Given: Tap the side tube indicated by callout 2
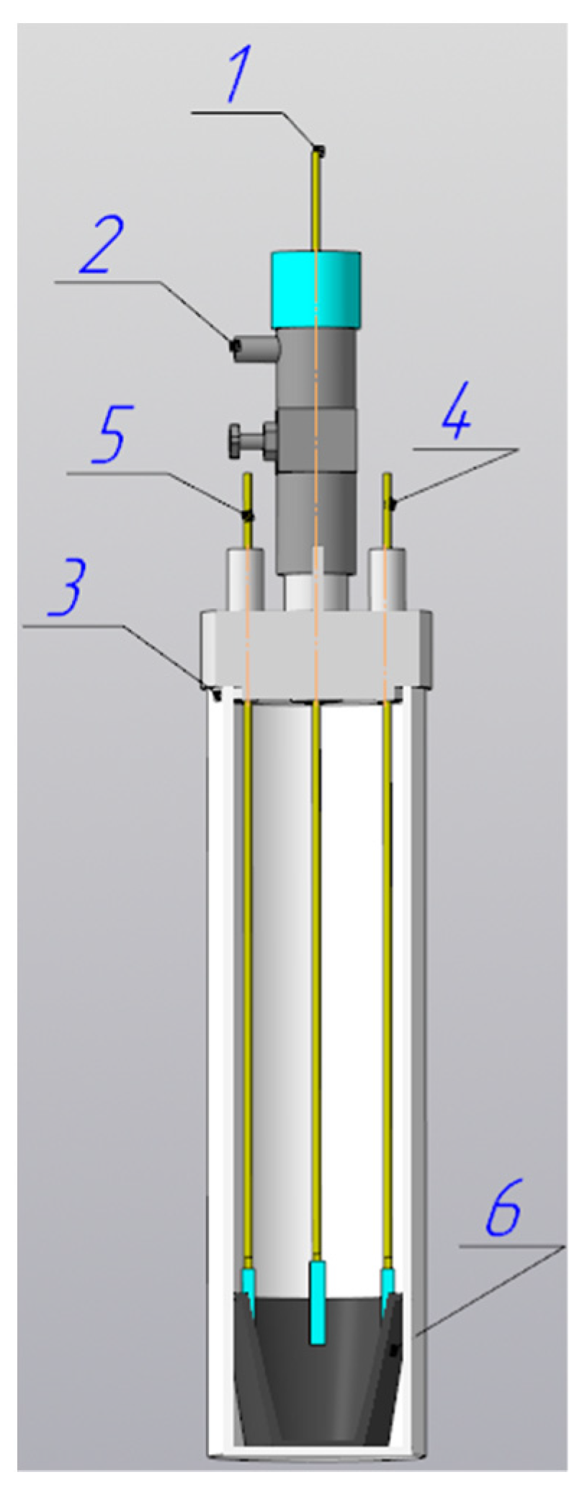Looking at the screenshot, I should [256, 349].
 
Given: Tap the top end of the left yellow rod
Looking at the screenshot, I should [247, 478].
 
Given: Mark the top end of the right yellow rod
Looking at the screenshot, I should [387, 478].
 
